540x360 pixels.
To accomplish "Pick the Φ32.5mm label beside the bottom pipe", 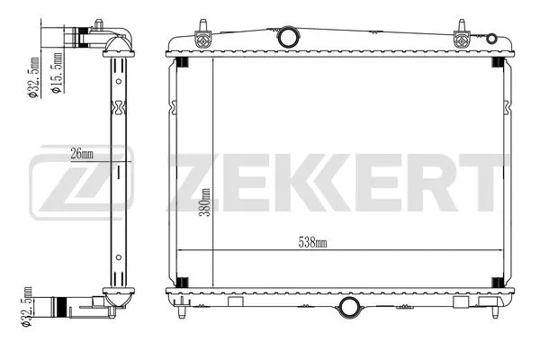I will click(x=26, y=309).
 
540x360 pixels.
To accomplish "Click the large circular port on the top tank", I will click(x=288, y=38).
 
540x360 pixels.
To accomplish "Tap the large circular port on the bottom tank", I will click(x=348, y=309).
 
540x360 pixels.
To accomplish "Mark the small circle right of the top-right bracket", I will click(x=491, y=38).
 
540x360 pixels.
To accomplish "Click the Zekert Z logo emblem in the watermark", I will click(x=81, y=186).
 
